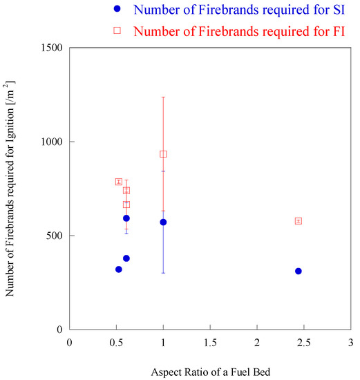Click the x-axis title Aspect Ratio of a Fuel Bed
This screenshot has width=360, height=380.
(210, 372)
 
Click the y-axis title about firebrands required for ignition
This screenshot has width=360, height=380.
(10, 189)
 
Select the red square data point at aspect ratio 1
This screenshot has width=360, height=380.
(163, 154)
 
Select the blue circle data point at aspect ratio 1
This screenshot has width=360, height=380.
(163, 222)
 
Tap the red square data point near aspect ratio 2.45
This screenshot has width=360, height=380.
(299, 221)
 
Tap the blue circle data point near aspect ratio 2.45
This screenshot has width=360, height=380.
(299, 271)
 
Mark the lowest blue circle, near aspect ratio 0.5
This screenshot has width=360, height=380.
(119, 269)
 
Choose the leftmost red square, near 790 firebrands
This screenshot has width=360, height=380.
(119, 182)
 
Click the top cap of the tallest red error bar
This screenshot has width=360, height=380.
(163, 97)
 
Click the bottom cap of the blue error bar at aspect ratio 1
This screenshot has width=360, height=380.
(163, 273)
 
